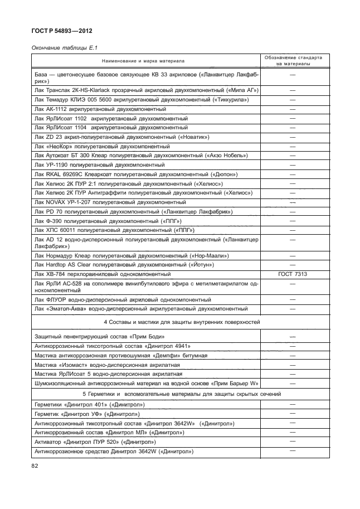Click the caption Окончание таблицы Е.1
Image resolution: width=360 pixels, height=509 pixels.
59,47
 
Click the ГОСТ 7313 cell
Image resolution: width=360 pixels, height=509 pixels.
291,274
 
